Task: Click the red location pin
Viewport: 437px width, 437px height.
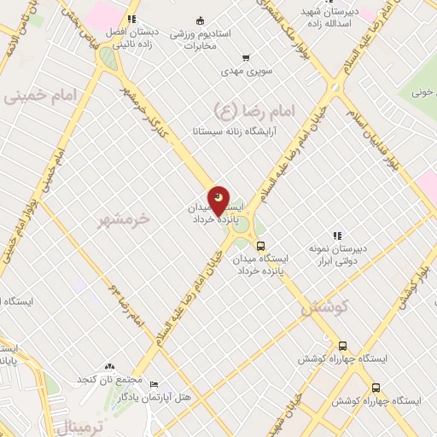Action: (220, 201)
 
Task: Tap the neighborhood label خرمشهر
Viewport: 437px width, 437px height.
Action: (123, 218)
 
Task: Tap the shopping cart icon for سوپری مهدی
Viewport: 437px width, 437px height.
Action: (247, 58)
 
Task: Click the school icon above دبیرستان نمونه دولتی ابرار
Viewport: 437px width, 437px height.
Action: (336, 235)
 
